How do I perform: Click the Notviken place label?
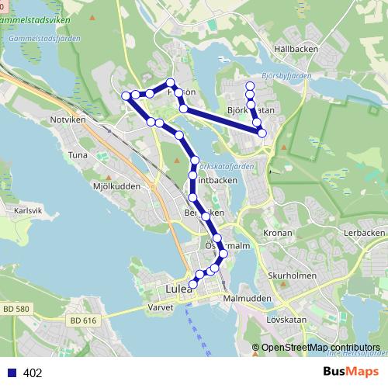tap(66, 120)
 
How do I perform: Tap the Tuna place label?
tap(78, 155)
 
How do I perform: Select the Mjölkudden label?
tap(116, 186)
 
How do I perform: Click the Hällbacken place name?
tap(296, 48)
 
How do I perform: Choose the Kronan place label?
tap(278, 233)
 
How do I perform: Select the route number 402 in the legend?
tap(33, 373)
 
